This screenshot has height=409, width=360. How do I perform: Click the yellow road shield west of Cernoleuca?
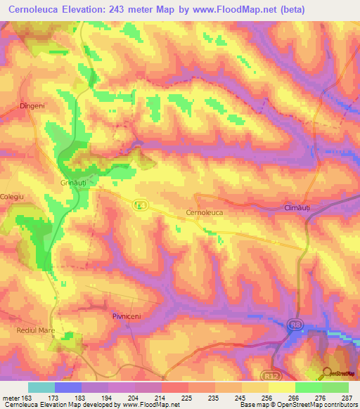point(140,204)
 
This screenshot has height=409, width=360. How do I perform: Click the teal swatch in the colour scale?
point(41,387)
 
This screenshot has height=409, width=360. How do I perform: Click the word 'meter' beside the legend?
point(11,398)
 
